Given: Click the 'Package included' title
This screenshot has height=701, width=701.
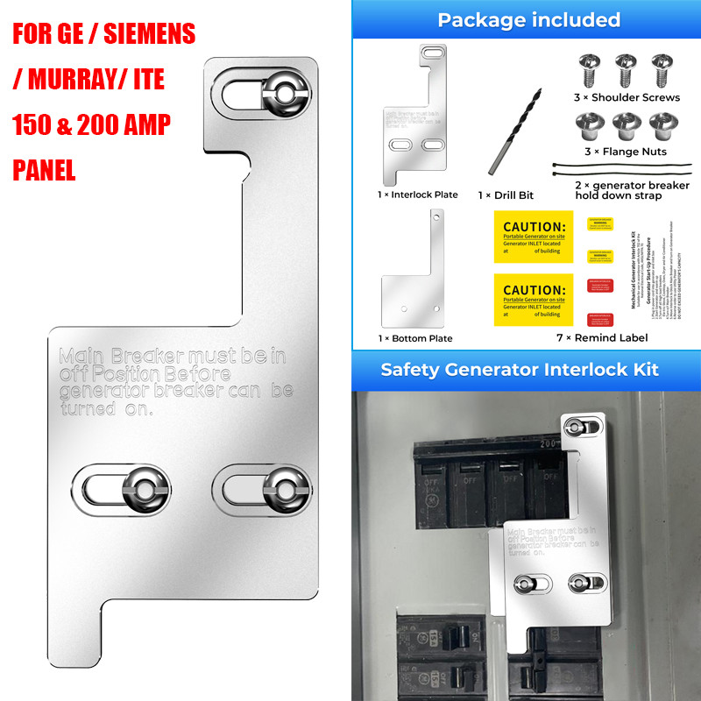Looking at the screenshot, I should pyautogui.click(x=528, y=20).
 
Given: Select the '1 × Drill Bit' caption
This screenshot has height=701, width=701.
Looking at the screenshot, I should pyautogui.click(x=506, y=195).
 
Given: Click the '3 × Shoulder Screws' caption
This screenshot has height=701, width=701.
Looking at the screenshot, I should pyautogui.click(x=627, y=97).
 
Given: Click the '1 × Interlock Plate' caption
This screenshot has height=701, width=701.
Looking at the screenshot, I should pyautogui.click(x=418, y=195).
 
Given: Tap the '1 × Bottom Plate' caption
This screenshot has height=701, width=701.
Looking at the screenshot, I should pyautogui.click(x=415, y=338).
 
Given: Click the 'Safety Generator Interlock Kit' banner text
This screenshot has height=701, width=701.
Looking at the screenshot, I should pyautogui.click(x=520, y=369).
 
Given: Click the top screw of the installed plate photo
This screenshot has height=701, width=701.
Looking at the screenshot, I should pyautogui.click(x=575, y=427).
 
